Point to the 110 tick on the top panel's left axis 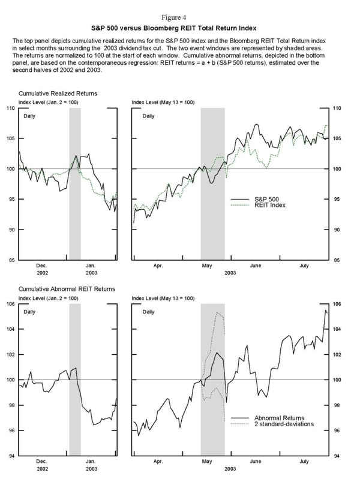9,108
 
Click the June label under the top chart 255,264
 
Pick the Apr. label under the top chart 158,264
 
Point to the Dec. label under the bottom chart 42,460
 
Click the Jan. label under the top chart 91,264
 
